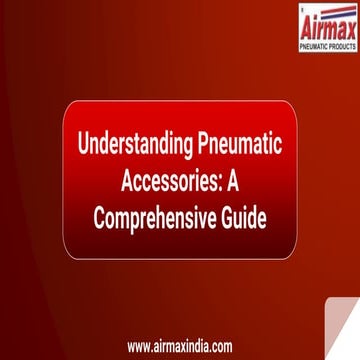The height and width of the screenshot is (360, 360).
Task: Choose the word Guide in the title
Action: tap(244, 217)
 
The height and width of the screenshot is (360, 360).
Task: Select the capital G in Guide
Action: tap(228, 217)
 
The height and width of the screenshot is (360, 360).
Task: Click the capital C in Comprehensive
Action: tap(99, 217)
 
